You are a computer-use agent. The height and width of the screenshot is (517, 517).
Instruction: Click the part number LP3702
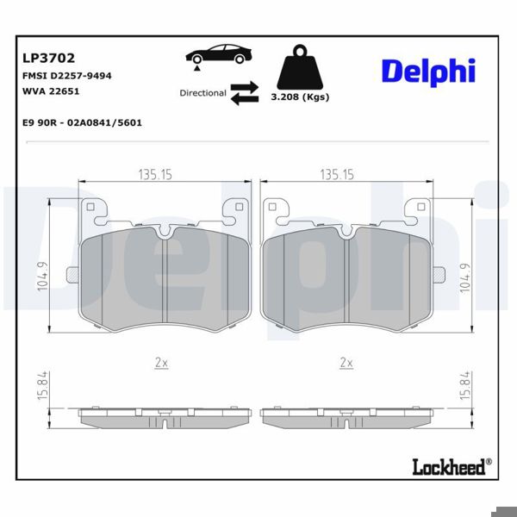(x=47, y=59)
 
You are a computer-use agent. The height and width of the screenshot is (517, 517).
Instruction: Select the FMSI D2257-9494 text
(x=65, y=76)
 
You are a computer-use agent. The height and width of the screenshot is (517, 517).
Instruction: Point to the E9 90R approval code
(x=82, y=122)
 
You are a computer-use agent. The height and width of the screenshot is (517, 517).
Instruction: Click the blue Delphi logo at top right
(x=428, y=72)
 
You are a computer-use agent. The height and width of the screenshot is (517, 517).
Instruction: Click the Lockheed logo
(x=449, y=467)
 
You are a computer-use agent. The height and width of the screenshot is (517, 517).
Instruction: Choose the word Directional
(x=202, y=93)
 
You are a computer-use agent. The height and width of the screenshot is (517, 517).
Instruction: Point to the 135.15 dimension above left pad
(x=155, y=174)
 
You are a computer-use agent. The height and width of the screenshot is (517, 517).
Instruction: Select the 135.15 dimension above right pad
(x=337, y=174)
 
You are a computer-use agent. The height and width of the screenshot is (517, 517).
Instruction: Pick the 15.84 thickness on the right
(x=467, y=384)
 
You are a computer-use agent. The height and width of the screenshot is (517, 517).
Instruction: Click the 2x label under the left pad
(x=160, y=363)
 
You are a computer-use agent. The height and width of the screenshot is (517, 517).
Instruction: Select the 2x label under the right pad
(x=346, y=363)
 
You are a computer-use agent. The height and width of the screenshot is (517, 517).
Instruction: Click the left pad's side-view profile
(x=164, y=418)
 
